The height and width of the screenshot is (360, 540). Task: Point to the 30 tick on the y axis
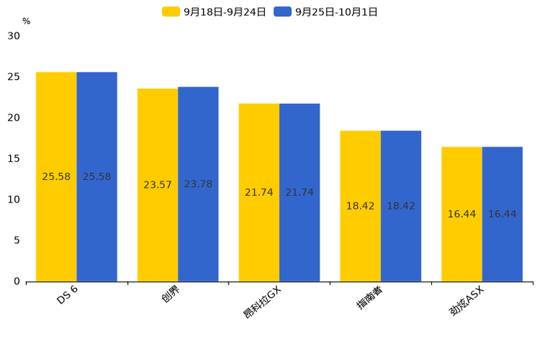click(14, 36)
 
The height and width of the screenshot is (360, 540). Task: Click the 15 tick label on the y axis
click(14, 158)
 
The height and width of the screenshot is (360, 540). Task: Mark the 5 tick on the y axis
click(17, 240)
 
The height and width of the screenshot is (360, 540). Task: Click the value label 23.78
click(198, 184)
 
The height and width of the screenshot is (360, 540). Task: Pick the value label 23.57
click(157, 185)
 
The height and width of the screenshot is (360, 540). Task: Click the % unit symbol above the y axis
click(26, 22)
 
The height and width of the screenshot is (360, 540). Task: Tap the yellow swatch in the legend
click(171, 12)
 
